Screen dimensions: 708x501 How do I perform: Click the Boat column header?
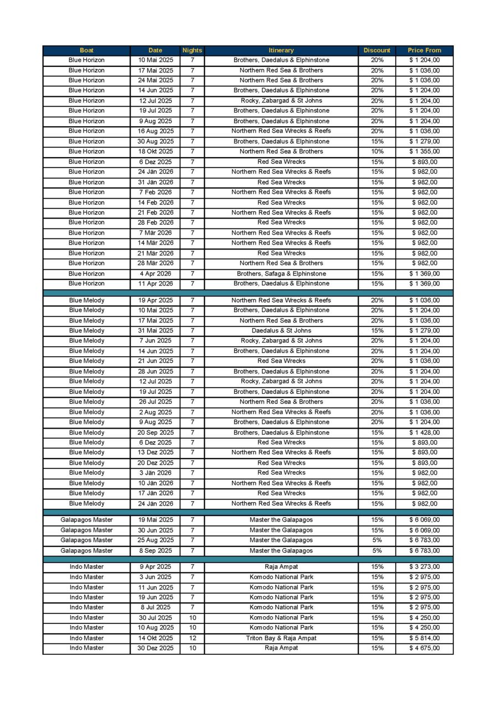(x=86, y=50)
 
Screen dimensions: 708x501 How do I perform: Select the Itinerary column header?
(x=281, y=50)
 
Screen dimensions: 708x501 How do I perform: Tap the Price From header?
(x=425, y=50)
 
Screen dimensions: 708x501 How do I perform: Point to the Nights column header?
(x=192, y=50)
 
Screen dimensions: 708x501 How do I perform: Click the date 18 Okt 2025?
(x=156, y=152)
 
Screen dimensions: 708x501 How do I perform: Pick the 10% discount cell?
(x=377, y=152)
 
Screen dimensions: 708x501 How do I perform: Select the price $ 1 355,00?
(x=425, y=152)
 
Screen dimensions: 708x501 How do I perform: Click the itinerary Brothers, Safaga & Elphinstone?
(x=281, y=274)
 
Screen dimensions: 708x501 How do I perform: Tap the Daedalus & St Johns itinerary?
(x=281, y=331)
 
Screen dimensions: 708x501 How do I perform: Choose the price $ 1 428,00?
(x=425, y=433)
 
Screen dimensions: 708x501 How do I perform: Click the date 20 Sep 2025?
(x=156, y=433)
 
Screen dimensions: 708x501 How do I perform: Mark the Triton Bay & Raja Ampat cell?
(x=281, y=638)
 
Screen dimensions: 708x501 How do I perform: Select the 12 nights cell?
(x=192, y=638)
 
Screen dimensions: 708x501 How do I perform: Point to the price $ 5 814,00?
(x=425, y=638)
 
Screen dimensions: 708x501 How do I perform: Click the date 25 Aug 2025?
(x=156, y=540)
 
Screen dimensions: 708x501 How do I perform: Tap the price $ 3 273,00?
(x=425, y=567)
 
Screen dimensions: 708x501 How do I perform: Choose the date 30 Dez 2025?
(x=156, y=648)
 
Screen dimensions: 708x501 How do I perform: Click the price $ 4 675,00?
(x=425, y=648)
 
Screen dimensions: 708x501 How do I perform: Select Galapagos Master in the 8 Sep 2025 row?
(x=86, y=551)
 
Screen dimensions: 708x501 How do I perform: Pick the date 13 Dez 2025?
(x=156, y=452)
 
